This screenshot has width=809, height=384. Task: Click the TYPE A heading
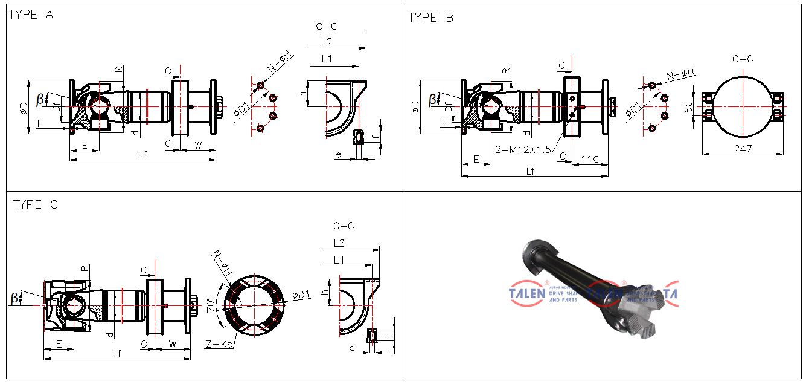(31, 15)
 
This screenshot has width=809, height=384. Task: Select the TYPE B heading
(430, 18)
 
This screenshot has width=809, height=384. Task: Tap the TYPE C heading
(36, 205)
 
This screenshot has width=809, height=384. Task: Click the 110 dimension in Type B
(589, 159)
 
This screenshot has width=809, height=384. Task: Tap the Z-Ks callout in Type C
(218, 345)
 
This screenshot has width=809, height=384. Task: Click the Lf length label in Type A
(142, 155)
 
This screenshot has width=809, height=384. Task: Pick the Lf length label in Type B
(531, 171)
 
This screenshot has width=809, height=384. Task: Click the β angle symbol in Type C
(14, 298)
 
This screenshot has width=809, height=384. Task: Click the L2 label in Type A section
(327, 42)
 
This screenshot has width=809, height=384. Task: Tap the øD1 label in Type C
(301, 295)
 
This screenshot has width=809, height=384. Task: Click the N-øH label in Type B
(680, 74)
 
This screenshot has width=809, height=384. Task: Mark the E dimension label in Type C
(59, 343)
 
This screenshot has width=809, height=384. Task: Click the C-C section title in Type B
(743, 59)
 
